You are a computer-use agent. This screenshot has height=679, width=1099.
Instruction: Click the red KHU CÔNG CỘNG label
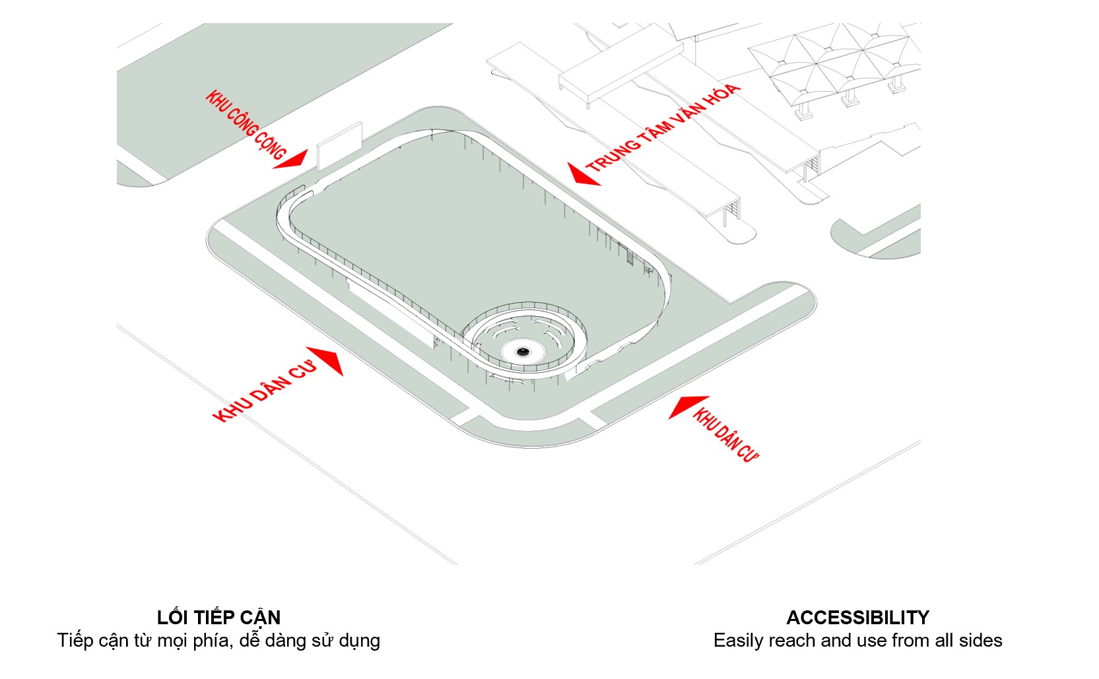tap(246, 125)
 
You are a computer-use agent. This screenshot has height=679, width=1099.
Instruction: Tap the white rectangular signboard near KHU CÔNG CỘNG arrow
tap(339, 145)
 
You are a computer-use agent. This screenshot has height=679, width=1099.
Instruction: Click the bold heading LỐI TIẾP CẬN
tap(218, 618)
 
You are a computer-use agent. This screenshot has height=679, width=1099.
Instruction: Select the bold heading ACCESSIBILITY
tap(857, 618)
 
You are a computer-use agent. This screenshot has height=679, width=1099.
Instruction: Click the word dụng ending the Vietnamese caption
tap(360, 641)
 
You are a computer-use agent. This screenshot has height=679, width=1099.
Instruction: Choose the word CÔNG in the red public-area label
tap(242, 122)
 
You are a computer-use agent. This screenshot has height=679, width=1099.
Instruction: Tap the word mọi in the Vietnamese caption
tap(172, 641)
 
